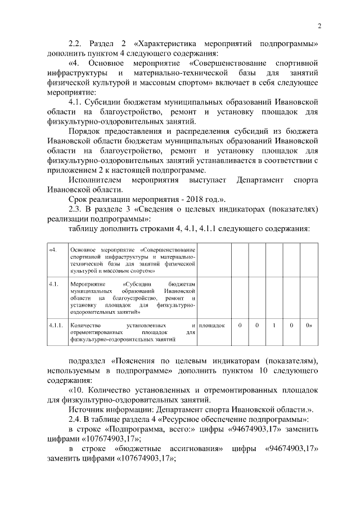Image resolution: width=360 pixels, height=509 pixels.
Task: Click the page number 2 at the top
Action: (x=319, y=26)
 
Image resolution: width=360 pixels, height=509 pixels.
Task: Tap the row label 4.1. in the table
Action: (x=54, y=285)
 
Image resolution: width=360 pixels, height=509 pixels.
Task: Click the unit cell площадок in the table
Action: (x=213, y=326)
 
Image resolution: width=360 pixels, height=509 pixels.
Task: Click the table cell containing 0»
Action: (x=309, y=326)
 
